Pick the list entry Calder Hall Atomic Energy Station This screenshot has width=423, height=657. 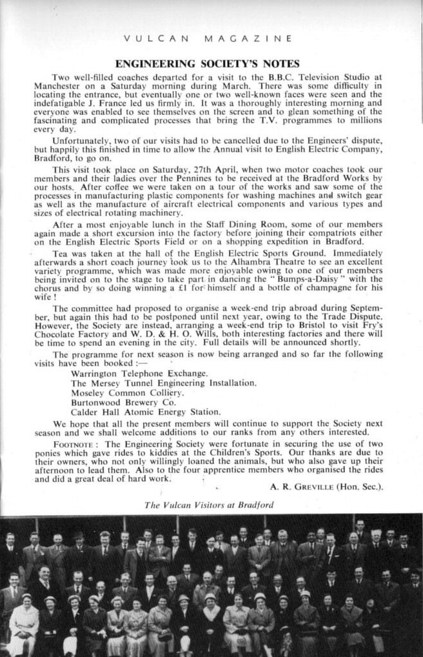146,412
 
